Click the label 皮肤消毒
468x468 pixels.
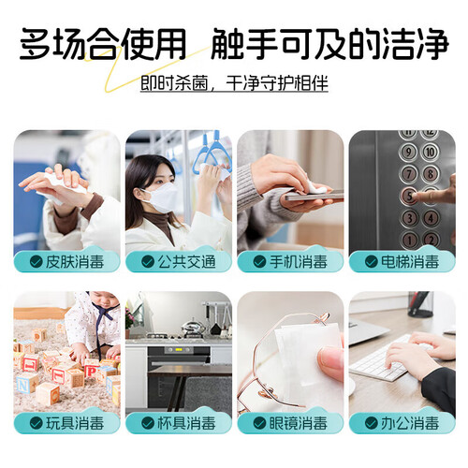75,262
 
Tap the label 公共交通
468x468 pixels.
186,262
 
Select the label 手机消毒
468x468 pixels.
299,262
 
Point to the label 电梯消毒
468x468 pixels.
410,262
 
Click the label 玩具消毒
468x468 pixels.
75,423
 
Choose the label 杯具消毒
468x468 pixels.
186,423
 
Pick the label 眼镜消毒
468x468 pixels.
299,423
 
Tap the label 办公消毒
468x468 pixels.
410,423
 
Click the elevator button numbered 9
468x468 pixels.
409,153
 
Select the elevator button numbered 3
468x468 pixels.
409,218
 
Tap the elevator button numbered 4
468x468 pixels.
431,218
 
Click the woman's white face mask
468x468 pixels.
162,197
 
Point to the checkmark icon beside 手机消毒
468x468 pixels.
259,262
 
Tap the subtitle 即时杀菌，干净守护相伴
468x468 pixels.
234,83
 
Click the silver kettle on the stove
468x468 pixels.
193,328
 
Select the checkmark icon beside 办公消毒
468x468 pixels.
372,423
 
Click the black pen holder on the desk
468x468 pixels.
420,304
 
